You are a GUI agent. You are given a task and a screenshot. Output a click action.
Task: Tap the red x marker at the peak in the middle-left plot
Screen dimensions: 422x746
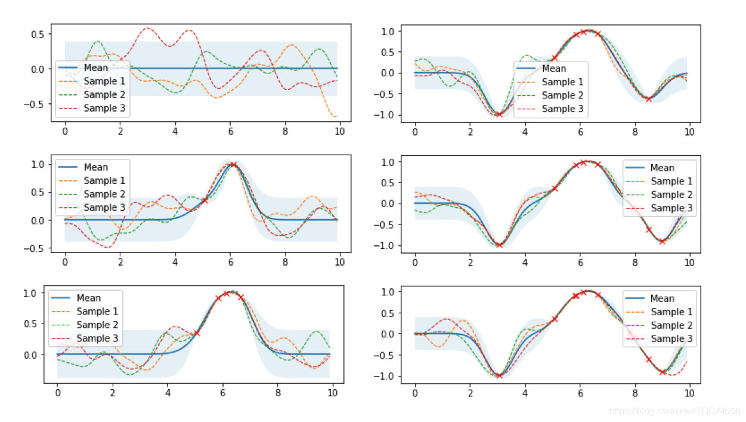pyautogui.click(x=233, y=165)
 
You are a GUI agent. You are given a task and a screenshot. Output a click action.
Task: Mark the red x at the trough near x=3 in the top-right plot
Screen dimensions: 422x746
pyautogui.click(x=499, y=115)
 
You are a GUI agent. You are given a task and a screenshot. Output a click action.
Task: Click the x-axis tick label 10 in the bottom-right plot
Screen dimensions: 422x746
pyautogui.click(x=689, y=393)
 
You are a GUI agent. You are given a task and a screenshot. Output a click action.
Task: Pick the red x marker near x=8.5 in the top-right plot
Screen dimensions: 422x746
pyautogui.click(x=649, y=99)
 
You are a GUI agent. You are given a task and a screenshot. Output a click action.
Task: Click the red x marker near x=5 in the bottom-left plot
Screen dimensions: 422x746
pyautogui.click(x=197, y=333)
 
